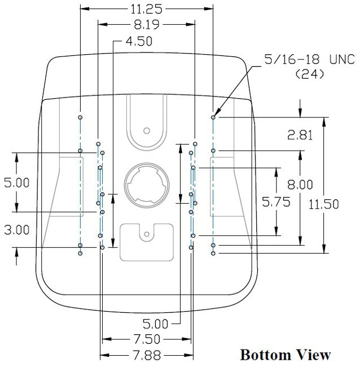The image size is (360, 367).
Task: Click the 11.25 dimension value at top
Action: point(146,8)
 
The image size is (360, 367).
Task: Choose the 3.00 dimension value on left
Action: point(17,230)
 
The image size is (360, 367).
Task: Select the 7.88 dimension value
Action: point(146,355)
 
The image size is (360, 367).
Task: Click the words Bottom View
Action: point(285,355)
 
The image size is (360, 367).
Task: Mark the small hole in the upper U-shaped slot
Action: point(147,129)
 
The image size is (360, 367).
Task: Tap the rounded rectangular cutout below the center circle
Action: point(146,241)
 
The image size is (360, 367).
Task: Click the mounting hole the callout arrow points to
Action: point(213,117)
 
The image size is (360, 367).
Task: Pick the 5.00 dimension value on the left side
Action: point(17,182)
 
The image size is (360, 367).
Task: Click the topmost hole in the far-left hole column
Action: point(81,117)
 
